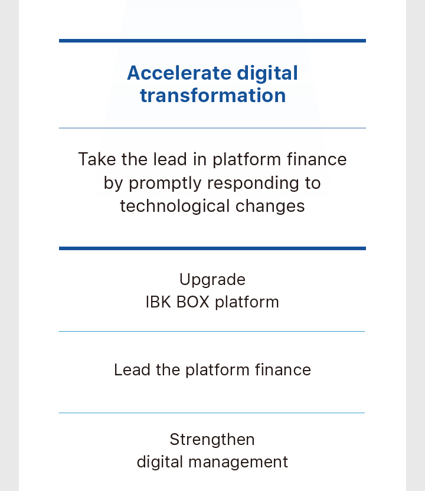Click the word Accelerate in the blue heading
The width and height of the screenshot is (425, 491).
[179, 73]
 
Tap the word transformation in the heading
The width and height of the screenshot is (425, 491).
[212, 95]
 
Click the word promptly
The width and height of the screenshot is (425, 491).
[165, 183]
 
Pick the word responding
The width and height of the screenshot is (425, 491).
[253, 183]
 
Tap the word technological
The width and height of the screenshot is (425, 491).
[175, 207]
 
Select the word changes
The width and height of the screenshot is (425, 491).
[270, 207]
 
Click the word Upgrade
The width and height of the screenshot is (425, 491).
[212, 280]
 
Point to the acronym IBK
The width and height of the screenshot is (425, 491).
[158, 302]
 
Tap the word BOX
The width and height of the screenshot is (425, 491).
[192, 302]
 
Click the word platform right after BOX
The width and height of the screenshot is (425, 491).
[247, 303]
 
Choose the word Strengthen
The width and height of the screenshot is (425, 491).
[212, 439]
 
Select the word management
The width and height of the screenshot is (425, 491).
[238, 463]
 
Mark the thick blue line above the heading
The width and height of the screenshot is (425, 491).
[212, 41]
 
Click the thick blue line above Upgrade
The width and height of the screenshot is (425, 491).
[212, 248]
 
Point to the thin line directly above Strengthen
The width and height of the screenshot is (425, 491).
[212, 413]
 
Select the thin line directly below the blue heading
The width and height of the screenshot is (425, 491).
[212, 127]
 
